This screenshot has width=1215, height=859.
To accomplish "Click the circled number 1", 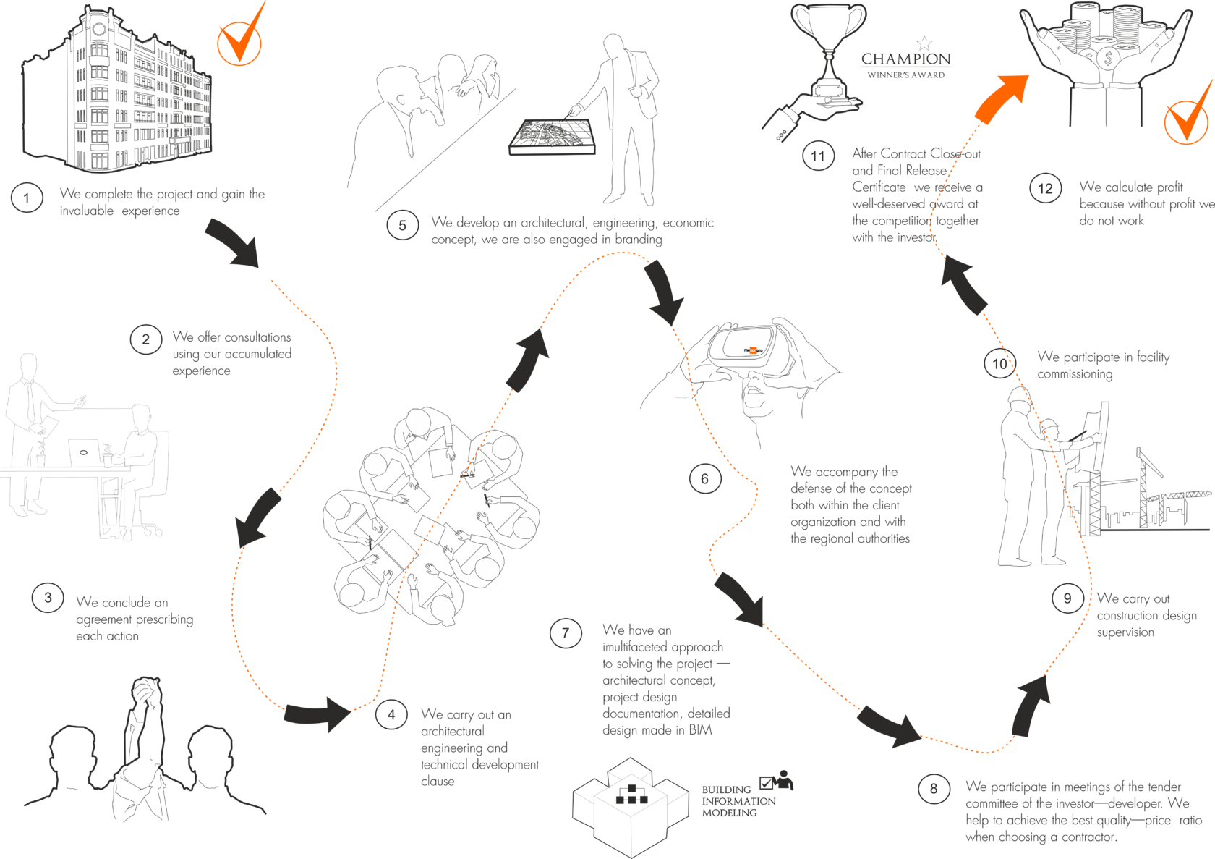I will click(27, 198).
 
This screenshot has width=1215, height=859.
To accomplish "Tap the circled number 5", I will click(403, 225).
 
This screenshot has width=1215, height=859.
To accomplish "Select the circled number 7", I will click(566, 633).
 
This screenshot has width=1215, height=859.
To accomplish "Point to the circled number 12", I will click(1045, 189).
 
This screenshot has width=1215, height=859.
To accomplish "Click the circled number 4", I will click(391, 715).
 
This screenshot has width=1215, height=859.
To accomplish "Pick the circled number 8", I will click(933, 788).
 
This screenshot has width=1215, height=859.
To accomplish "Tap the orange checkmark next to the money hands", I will click(1186, 119).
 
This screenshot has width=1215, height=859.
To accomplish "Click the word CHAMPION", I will click(905, 59).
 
